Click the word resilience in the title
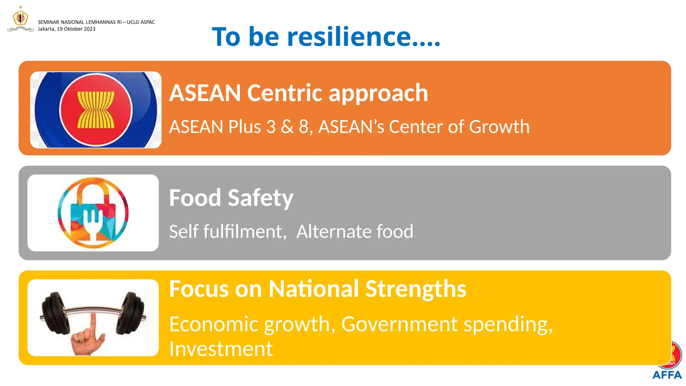coord(348,37)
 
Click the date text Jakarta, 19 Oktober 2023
coord(67,29)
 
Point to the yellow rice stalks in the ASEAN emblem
coord(96,110)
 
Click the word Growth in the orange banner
coord(499,127)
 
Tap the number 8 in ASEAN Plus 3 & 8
coord(303,127)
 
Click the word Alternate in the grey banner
coord(334,232)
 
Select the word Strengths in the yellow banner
coord(415,289)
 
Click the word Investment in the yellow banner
coord(221,349)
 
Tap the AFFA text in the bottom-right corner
coord(667,375)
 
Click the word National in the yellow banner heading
coord(313,289)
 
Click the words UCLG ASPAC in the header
coord(141,22)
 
